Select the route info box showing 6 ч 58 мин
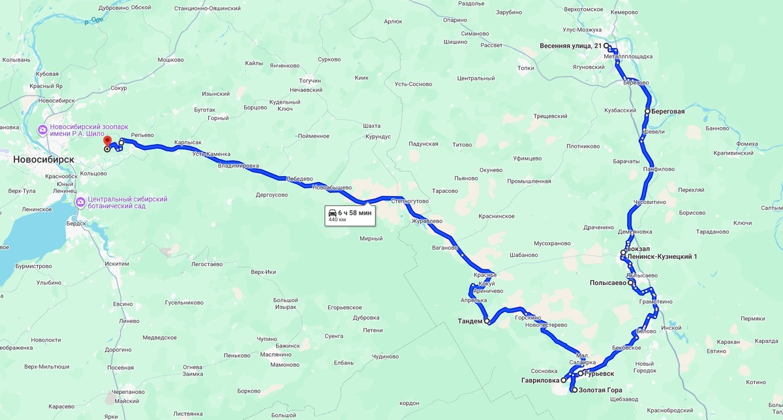coord(350,216)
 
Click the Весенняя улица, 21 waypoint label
coord(570,46)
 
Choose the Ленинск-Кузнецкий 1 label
coord(662,257)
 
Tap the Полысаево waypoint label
coord(607,283)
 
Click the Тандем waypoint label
coord(470,322)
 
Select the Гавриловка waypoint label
coord(540,380)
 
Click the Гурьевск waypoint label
coord(599,374)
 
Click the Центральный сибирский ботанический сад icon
coord(80,202)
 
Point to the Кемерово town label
coord(624,12)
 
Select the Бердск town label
coord(76,223)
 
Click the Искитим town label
coord(116,263)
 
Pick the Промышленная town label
coord(529,181)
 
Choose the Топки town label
coord(525,68)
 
